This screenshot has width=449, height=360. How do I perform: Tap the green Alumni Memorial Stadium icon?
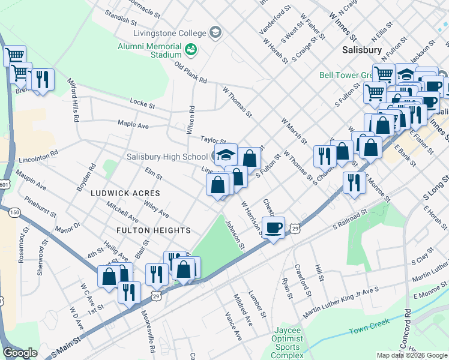191,50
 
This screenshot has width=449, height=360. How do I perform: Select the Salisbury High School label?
167,157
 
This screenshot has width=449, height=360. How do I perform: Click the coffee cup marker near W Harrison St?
273,228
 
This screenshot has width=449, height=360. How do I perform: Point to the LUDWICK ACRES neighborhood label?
125,193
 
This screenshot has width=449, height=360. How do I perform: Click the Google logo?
20,353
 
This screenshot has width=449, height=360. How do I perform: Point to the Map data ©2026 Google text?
411,355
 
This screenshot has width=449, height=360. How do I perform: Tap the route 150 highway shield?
14,212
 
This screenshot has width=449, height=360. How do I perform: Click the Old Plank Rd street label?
190,72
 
